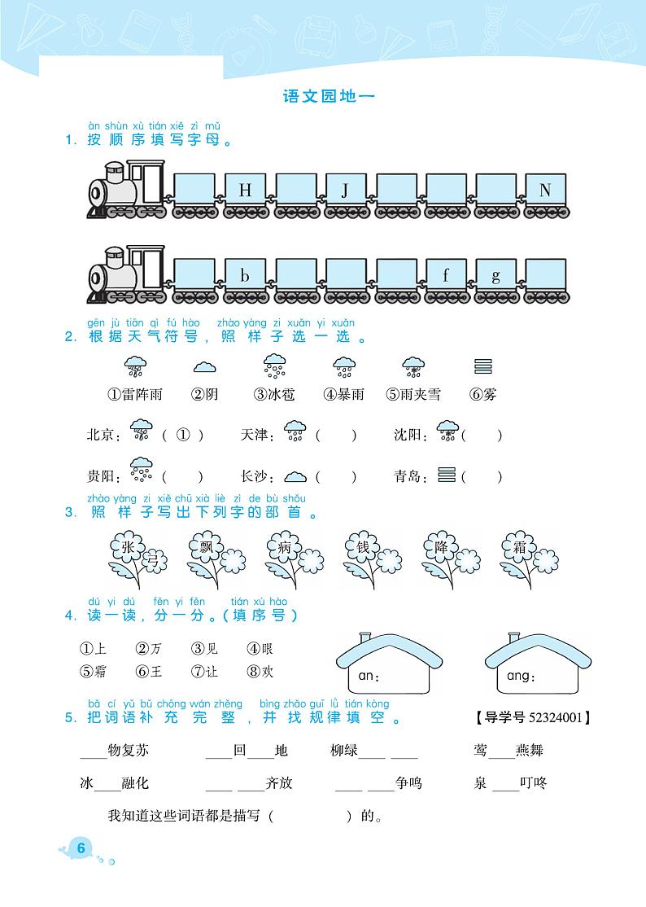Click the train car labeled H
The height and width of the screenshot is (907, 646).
246,191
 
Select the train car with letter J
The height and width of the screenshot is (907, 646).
345,191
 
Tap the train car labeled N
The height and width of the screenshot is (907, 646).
545,191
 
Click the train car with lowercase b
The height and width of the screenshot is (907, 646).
246,276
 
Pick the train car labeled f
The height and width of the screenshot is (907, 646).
446,276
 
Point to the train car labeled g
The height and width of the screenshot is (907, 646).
495,276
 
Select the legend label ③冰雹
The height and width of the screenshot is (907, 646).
273,395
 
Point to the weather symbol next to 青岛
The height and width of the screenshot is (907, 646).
447,475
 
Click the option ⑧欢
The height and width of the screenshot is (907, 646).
260,672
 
